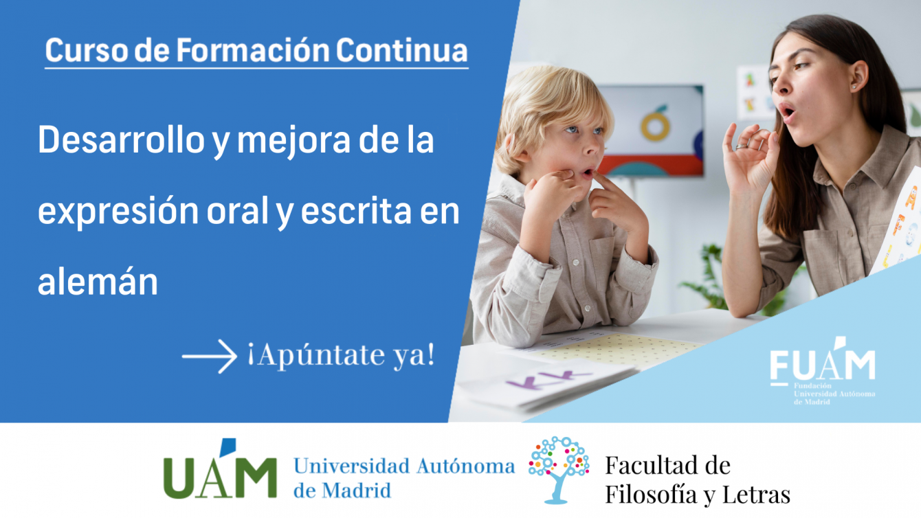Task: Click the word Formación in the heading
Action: [253, 51]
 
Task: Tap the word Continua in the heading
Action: [401, 51]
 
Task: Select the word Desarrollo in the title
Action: [121, 140]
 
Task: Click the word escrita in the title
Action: [356, 210]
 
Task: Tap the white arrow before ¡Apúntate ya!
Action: [209, 356]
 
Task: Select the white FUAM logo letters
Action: [822, 364]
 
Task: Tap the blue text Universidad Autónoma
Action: [404, 466]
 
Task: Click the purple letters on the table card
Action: [548, 380]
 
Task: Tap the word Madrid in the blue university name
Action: [356, 491]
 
